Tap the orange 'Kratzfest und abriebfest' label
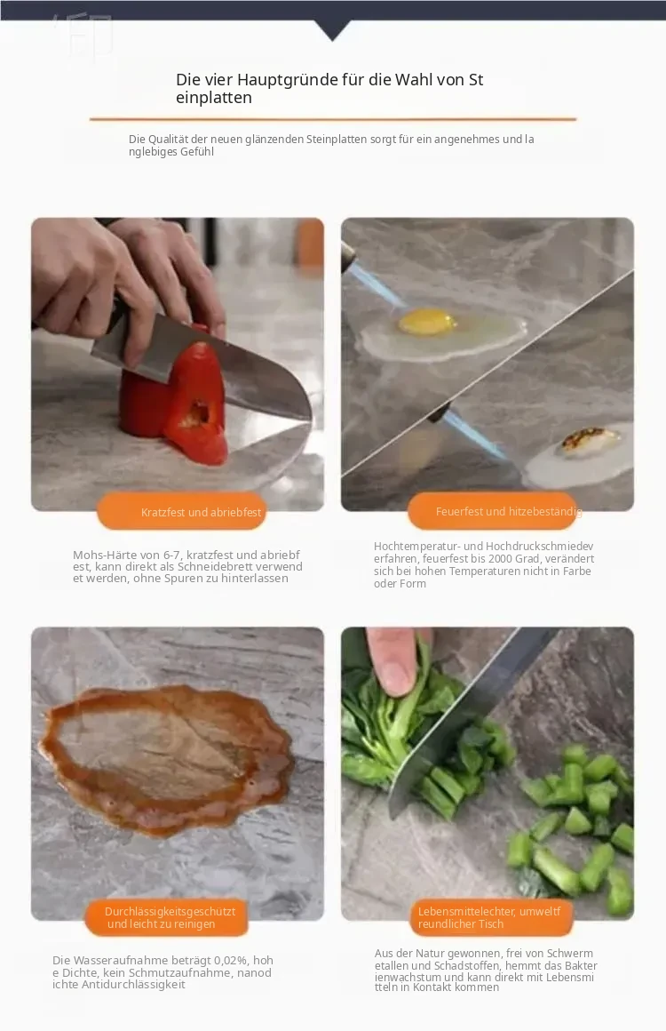(x=182, y=512)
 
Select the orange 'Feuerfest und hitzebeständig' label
(x=492, y=511)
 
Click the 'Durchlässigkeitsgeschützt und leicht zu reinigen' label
(x=167, y=917)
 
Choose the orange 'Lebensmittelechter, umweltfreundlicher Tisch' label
(x=490, y=917)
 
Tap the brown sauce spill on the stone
(x=168, y=758)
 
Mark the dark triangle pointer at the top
(x=332, y=30)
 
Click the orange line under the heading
(x=333, y=119)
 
